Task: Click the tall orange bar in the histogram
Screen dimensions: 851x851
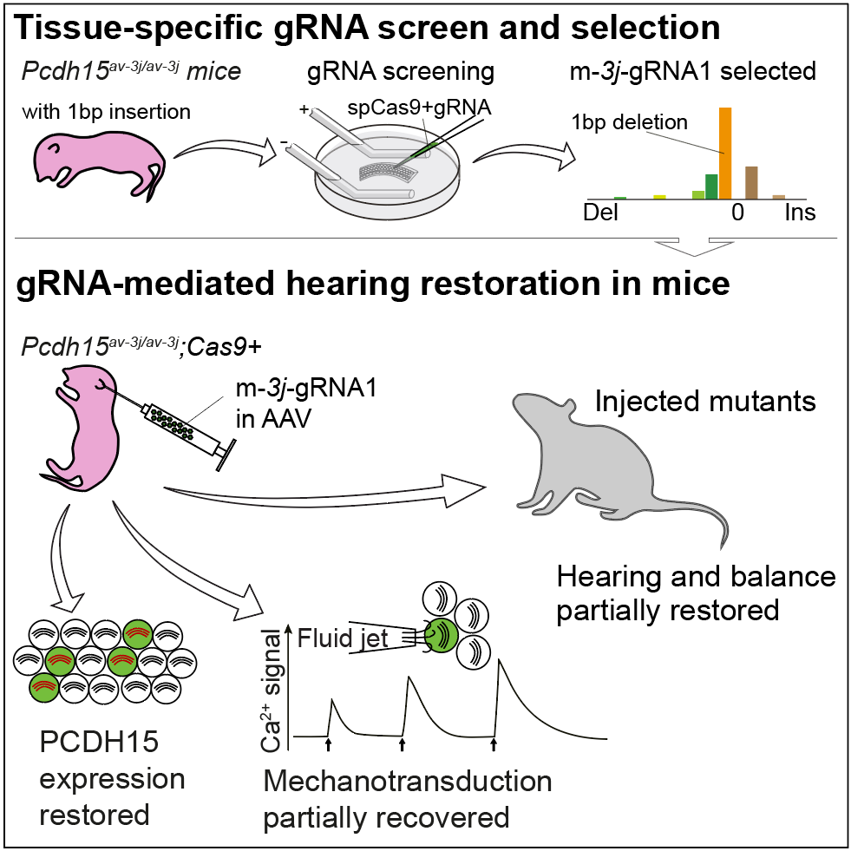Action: pyautogui.click(x=725, y=153)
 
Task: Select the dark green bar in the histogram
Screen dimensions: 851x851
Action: pyautogui.click(x=711, y=186)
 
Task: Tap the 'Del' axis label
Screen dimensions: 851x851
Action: pyautogui.click(x=602, y=213)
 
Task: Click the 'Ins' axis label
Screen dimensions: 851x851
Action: pyautogui.click(x=800, y=213)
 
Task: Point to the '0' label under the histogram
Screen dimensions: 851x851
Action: pyautogui.click(x=738, y=213)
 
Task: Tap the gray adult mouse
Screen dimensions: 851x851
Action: pyautogui.click(x=599, y=460)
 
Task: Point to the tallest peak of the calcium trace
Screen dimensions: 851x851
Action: pyautogui.click(x=499, y=663)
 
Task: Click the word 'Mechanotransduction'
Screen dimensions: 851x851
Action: pyautogui.click(x=408, y=781)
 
